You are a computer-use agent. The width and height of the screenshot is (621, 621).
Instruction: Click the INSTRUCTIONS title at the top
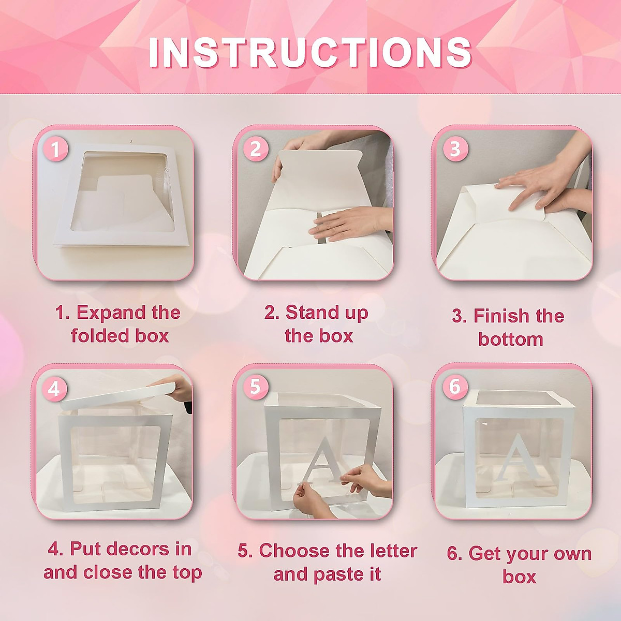(310, 52)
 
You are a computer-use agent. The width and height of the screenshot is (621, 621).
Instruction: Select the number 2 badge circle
(256, 149)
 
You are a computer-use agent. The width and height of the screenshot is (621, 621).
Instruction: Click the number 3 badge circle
(455, 149)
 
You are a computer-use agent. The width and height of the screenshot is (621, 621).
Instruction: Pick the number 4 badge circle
(55, 388)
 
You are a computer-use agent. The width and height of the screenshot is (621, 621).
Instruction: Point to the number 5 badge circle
(255, 386)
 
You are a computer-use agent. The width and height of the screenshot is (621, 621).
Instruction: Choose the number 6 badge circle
(454, 386)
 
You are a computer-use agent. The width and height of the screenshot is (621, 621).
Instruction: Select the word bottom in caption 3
(510, 339)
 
